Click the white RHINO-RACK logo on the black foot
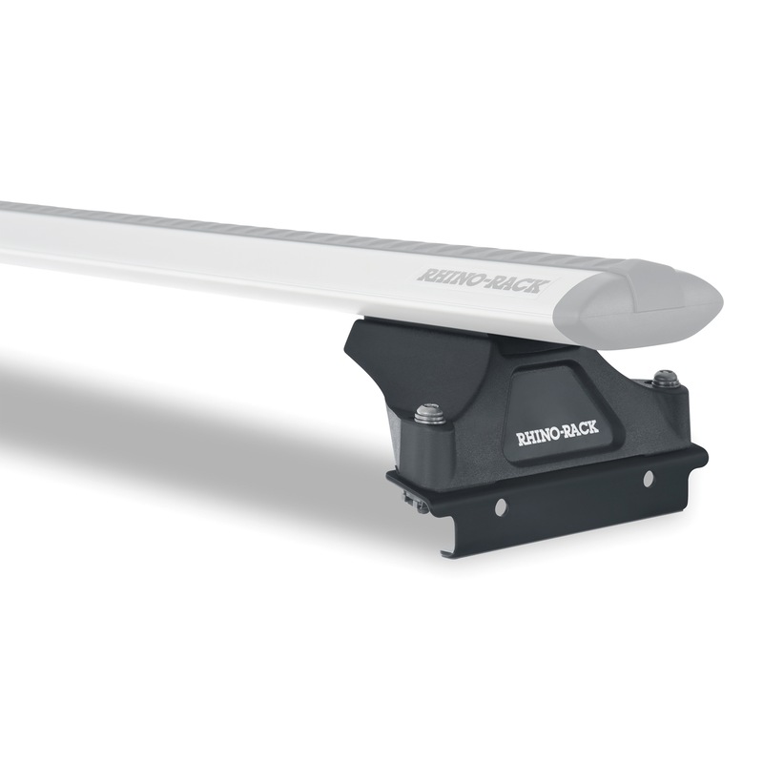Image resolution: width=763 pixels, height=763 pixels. [557, 433]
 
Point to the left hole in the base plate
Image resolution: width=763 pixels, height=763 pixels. [499, 508]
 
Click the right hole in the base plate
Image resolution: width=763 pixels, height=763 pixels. [648, 480]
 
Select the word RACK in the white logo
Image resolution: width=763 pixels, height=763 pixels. [582, 427]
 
